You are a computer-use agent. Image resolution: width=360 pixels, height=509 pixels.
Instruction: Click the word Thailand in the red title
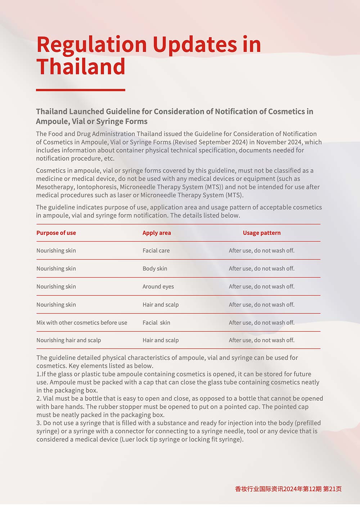pos(81,67)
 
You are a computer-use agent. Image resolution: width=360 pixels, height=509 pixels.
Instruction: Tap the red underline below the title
pos(81,90)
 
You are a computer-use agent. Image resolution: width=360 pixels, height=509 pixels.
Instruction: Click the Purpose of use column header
pos(56,233)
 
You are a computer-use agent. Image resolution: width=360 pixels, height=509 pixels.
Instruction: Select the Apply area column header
pos(157,233)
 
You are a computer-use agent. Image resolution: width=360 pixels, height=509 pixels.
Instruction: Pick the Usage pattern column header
pos(262,233)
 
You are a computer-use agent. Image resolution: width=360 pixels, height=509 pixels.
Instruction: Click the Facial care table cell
pos(156,251)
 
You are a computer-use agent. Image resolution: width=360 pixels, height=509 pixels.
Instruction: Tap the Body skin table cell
pos(155,269)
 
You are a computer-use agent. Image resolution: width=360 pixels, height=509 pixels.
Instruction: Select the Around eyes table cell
pos(158,287)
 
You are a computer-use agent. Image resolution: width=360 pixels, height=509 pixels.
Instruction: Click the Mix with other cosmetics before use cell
pos(82,323)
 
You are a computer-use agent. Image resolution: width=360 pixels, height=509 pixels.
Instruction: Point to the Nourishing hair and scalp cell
pos(68,340)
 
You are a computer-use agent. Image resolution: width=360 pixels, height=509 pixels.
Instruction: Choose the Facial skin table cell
pos(156,323)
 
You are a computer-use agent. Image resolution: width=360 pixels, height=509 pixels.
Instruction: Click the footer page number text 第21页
pos(332,489)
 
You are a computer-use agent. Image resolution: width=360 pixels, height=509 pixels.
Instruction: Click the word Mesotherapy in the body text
pos(54,187)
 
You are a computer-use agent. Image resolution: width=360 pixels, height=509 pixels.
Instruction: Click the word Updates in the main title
pos(195,45)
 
